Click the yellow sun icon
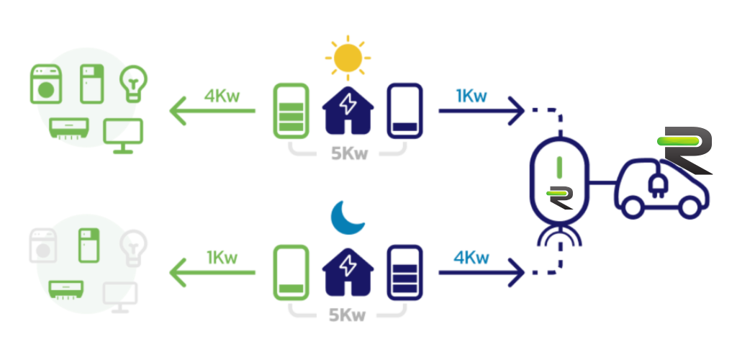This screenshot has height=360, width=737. click(x=348, y=58)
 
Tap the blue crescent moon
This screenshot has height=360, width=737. click(x=347, y=217)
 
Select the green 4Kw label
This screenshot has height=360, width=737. click(x=222, y=96)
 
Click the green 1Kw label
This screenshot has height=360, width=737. click(x=222, y=258)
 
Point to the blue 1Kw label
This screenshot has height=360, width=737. click(x=471, y=96)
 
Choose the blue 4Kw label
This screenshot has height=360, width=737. click(x=471, y=258)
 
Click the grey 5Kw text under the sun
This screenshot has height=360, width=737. click(x=349, y=153)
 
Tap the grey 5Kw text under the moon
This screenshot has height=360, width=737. click(x=348, y=315)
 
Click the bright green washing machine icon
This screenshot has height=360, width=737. click(x=46, y=84)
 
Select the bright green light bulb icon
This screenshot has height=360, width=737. click(x=133, y=84)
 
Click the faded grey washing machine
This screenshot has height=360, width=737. click(x=43, y=246)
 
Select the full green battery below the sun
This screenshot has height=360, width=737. click(x=291, y=111)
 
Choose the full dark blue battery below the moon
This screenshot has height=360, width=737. click(x=404, y=273)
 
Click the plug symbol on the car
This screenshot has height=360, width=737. click(x=656, y=184)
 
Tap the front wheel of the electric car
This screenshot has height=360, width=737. click(x=689, y=207)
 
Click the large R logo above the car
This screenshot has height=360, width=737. click(x=684, y=150)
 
